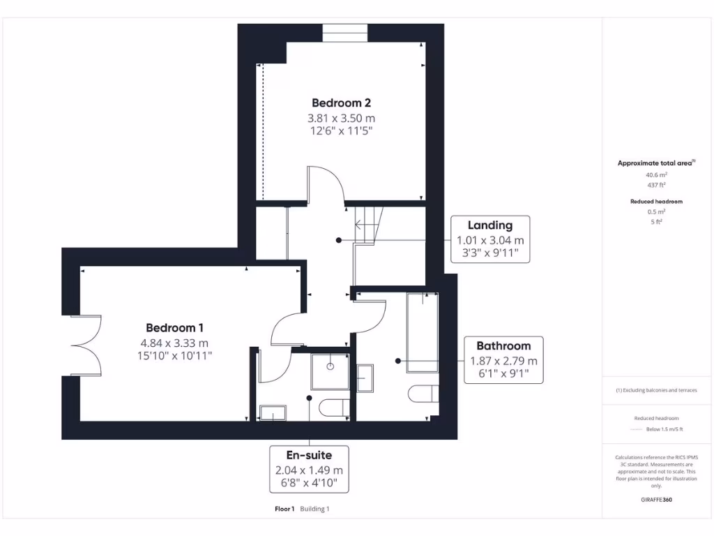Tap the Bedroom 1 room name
(x=174, y=328)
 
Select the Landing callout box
(x=489, y=239)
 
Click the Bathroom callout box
(x=503, y=359)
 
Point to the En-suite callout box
(x=309, y=469)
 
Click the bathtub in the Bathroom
(x=422, y=332)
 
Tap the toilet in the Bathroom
(x=423, y=394)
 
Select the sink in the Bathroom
(x=365, y=378)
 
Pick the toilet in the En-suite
(x=333, y=408)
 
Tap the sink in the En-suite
(x=271, y=413)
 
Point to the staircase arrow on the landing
(x=361, y=225)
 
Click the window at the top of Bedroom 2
(x=344, y=33)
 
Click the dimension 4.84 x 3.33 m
(x=174, y=343)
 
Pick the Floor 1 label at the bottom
(x=285, y=509)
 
